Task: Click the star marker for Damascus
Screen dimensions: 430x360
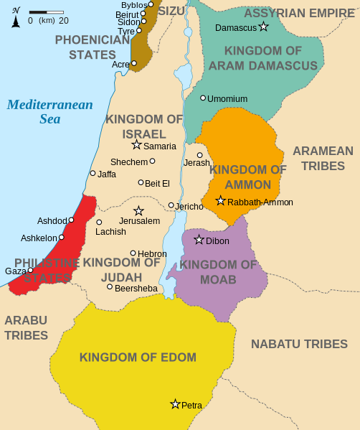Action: (263, 27)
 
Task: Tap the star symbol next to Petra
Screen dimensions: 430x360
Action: (174, 404)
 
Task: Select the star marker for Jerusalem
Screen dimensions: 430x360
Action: (138, 211)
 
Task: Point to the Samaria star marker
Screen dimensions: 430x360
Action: (136, 145)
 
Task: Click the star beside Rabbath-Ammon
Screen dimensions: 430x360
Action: (221, 201)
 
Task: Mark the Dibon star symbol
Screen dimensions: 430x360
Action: (199, 240)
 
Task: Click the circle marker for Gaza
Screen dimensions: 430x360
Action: (31, 271)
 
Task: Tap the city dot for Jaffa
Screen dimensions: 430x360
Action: (93, 173)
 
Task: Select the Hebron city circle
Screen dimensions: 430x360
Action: (133, 253)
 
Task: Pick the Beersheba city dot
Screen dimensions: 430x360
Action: (110, 287)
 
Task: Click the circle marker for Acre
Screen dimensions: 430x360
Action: (134, 63)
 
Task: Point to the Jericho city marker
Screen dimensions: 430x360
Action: (171, 205)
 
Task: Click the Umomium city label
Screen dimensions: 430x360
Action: (227, 98)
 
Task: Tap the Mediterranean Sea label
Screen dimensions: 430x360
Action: (49, 111)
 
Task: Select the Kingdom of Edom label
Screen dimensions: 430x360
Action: (138, 357)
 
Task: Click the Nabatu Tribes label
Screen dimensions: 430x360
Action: (299, 344)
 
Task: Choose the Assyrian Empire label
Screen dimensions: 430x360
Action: (299, 13)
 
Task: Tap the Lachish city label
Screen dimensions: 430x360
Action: (110, 231)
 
